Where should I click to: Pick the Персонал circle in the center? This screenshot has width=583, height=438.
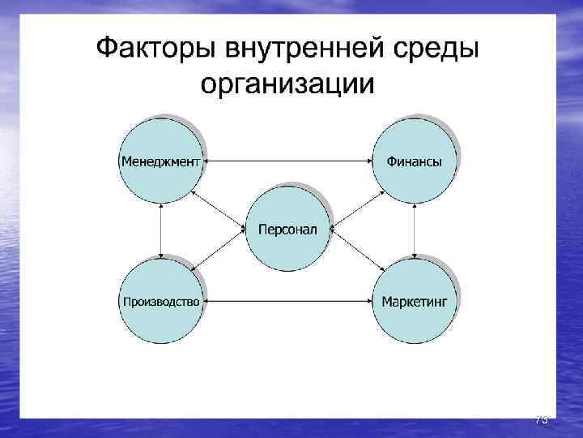pyautogui.click(x=287, y=230)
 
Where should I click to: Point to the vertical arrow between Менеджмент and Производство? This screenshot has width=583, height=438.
pyautogui.click(x=162, y=231)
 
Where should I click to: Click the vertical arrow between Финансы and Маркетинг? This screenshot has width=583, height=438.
pyautogui.click(x=414, y=231)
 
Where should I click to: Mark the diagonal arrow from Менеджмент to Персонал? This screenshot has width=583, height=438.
pyautogui.click(x=219, y=210)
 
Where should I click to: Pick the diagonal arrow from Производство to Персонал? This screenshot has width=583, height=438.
pyautogui.click(x=219, y=252)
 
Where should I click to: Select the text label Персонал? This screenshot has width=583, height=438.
pyautogui.click(x=287, y=230)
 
